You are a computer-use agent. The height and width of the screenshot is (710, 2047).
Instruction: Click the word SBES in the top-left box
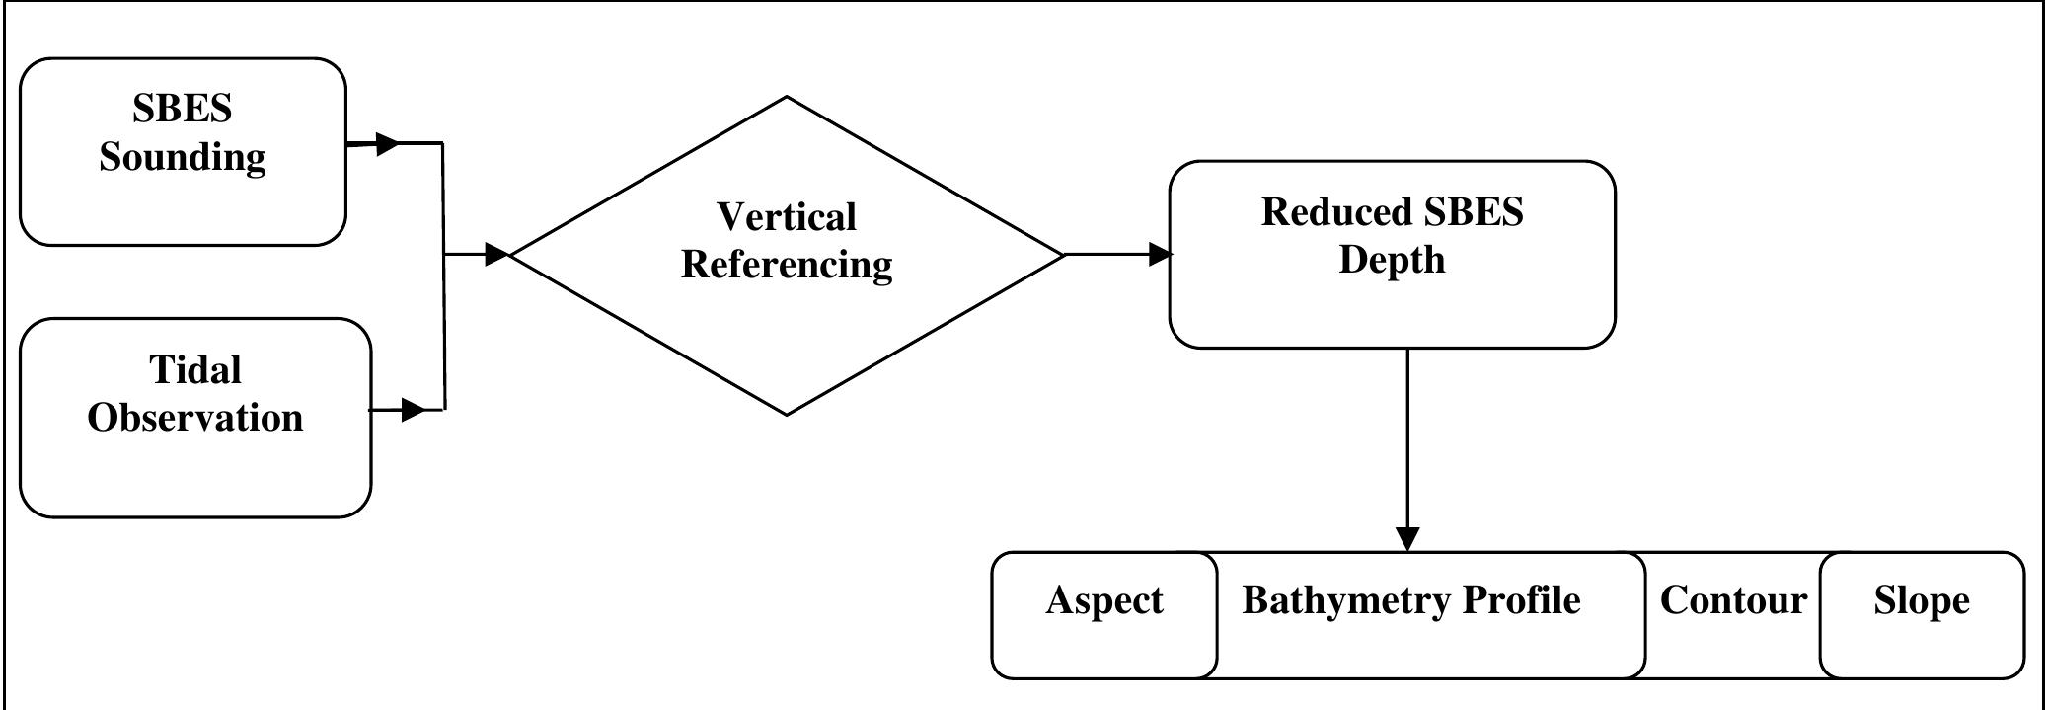pos(183,109)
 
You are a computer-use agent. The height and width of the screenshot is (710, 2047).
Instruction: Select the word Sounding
pos(183,157)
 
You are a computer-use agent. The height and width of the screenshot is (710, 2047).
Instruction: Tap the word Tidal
pos(195,370)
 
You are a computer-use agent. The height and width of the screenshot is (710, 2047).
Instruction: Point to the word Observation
pos(195,418)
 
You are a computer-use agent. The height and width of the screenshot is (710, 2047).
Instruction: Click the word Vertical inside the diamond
pos(786,217)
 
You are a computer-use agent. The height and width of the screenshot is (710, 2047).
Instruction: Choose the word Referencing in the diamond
pos(786,265)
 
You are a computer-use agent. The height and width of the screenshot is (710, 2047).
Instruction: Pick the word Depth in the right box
pos(1392,260)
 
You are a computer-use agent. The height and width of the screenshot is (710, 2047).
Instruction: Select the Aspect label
pos(1103,600)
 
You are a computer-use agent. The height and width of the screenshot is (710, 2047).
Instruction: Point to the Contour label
pos(1733,600)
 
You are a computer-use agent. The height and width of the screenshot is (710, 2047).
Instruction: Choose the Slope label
pos(1921,600)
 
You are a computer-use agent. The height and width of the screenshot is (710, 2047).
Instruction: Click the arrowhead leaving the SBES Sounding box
pos(387,144)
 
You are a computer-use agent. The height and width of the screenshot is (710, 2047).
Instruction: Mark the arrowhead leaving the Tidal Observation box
pos(413,409)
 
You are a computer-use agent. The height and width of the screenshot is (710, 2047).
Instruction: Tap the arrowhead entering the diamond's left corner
pos(496,254)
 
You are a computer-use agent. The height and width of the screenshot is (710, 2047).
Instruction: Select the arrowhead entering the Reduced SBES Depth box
pos(1160,254)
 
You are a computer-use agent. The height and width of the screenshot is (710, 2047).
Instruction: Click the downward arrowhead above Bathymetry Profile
pos(1407,538)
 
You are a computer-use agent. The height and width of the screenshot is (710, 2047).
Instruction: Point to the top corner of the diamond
pos(787,97)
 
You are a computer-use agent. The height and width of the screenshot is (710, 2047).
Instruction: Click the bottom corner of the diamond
pos(787,415)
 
